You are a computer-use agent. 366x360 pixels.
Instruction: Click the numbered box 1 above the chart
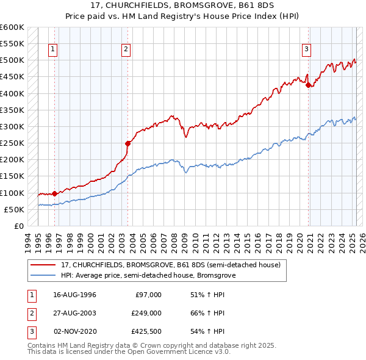tap(53, 50)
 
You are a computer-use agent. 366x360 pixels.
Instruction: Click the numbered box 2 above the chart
tap(126, 50)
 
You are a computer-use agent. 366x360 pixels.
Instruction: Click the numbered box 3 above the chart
tap(306, 50)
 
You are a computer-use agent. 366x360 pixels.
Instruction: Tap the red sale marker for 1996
tap(54, 193)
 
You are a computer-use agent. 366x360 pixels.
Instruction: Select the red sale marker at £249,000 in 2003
tap(127, 143)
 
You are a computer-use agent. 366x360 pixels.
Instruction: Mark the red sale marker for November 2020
tap(308, 85)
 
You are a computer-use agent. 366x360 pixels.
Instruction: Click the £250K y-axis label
tap(12, 143)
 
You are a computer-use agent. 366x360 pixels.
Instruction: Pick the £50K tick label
tap(14, 209)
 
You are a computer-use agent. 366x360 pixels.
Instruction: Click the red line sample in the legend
tap(43, 265)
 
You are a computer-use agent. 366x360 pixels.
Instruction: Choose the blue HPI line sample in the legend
tap(43, 276)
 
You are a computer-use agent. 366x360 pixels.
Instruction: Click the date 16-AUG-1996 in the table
tap(75, 295)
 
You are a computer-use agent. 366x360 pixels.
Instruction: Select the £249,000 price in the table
tap(146, 313)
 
